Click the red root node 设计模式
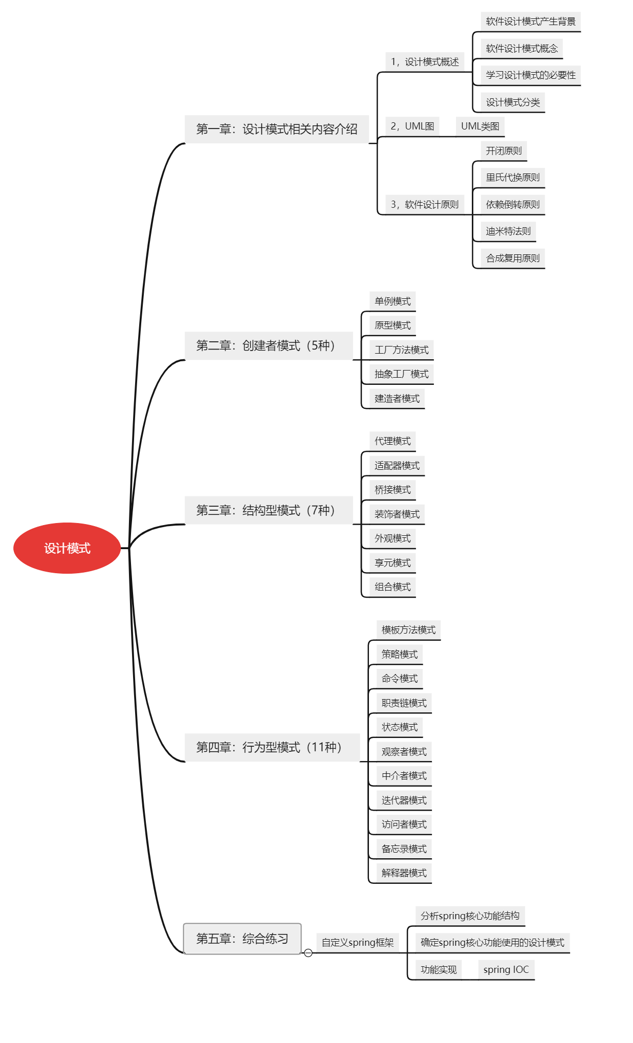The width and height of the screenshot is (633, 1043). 67,548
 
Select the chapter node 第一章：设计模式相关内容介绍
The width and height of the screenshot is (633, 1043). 277,129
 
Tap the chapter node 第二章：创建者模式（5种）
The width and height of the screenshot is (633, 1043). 269,346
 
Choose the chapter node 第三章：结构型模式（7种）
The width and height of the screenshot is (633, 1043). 269,510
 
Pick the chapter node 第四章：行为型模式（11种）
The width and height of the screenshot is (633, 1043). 272,747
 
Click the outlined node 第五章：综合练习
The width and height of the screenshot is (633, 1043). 243,939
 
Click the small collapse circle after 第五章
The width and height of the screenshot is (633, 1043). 308,953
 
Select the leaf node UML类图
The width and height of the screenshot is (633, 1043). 480,126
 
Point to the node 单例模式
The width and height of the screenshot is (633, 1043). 392,301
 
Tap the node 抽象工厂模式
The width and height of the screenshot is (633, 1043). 402,374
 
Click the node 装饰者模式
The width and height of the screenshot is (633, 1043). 397,514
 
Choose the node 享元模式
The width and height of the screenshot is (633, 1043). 392,562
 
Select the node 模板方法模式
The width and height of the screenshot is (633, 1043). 408,629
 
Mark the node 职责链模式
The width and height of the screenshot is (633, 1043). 404,703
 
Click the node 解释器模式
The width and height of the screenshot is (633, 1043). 404,873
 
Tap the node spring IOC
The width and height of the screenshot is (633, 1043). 506,969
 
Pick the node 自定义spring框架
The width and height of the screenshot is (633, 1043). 358,942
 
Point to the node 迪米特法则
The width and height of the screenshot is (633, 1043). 508,231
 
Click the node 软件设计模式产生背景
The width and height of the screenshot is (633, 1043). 531,21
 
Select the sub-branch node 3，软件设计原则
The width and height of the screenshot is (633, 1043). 425,204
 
